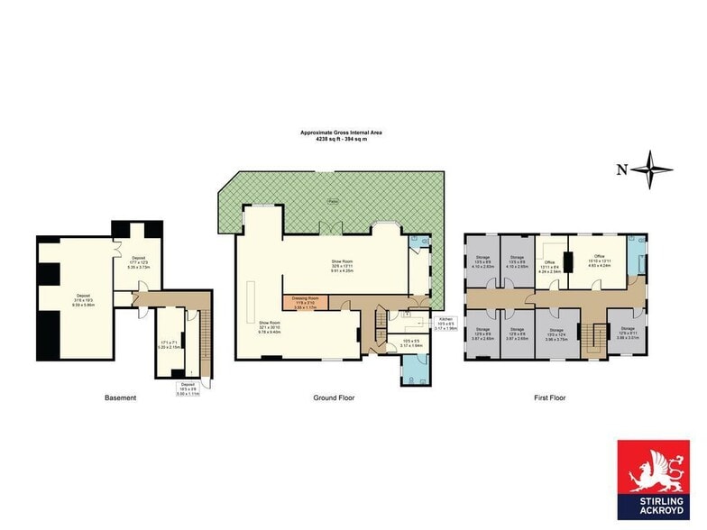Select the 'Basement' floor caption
(x=119, y=397)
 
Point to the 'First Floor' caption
(x=547, y=397)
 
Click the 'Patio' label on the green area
(x=332, y=200)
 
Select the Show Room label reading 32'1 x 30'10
(x=270, y=328)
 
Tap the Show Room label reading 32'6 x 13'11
(x=342, y=265)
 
